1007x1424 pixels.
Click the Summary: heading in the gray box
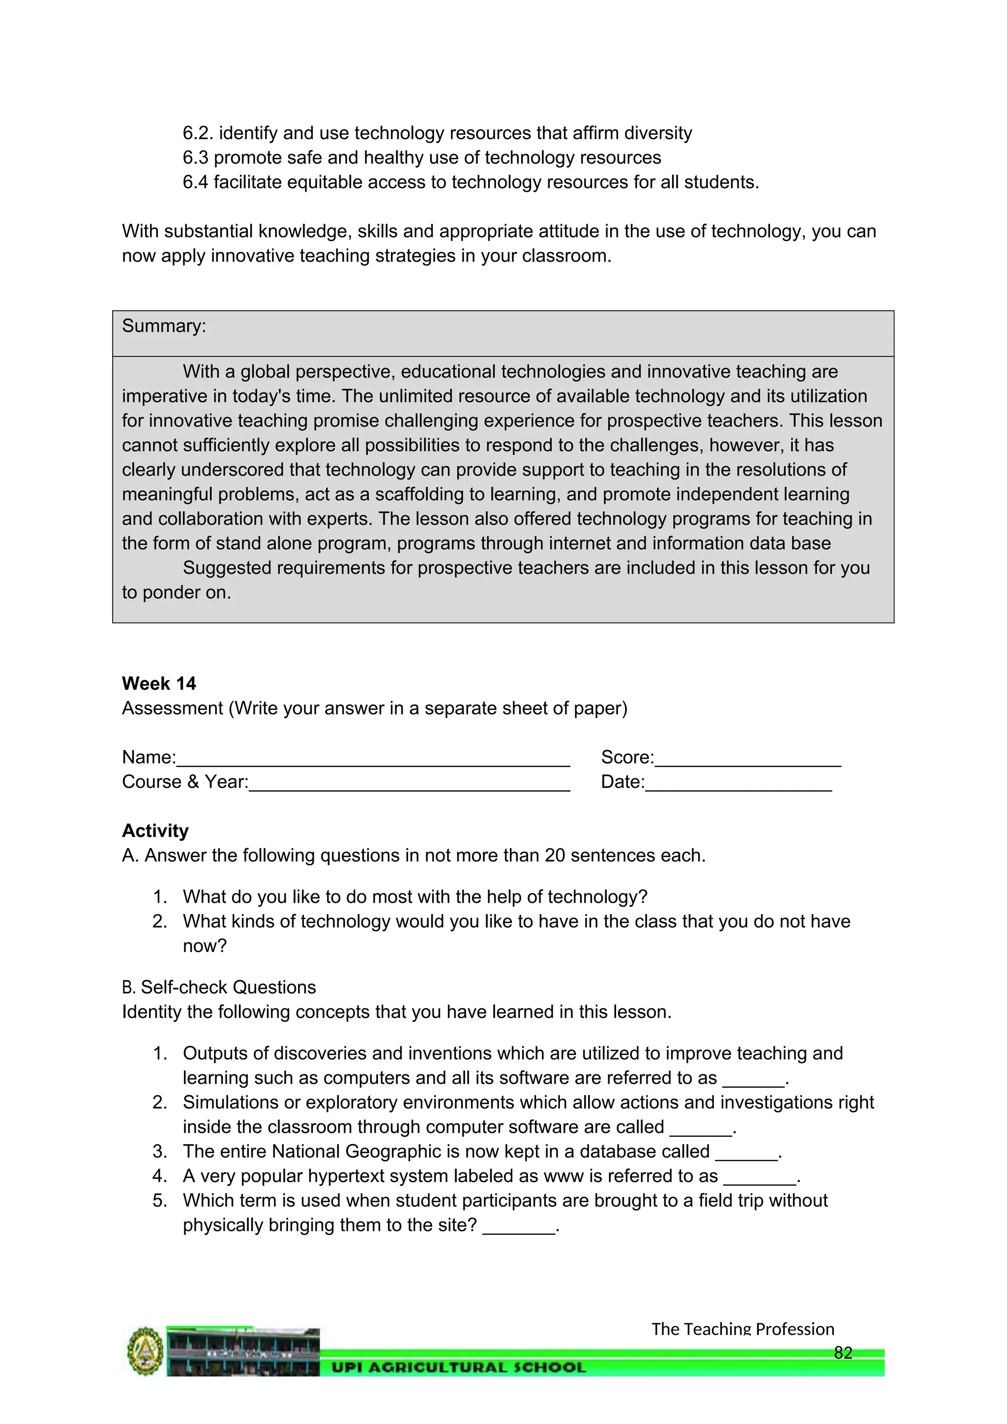164,326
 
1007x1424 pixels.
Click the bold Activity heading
155,831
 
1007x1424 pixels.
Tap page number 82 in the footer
843,1353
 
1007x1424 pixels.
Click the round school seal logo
145,1352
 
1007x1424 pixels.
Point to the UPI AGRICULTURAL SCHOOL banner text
458,1367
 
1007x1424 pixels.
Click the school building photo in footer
243,1352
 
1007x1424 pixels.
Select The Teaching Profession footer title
742,1329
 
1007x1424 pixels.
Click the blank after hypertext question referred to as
760,1177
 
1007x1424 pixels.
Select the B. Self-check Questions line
219,987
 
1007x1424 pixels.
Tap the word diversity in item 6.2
658,133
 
